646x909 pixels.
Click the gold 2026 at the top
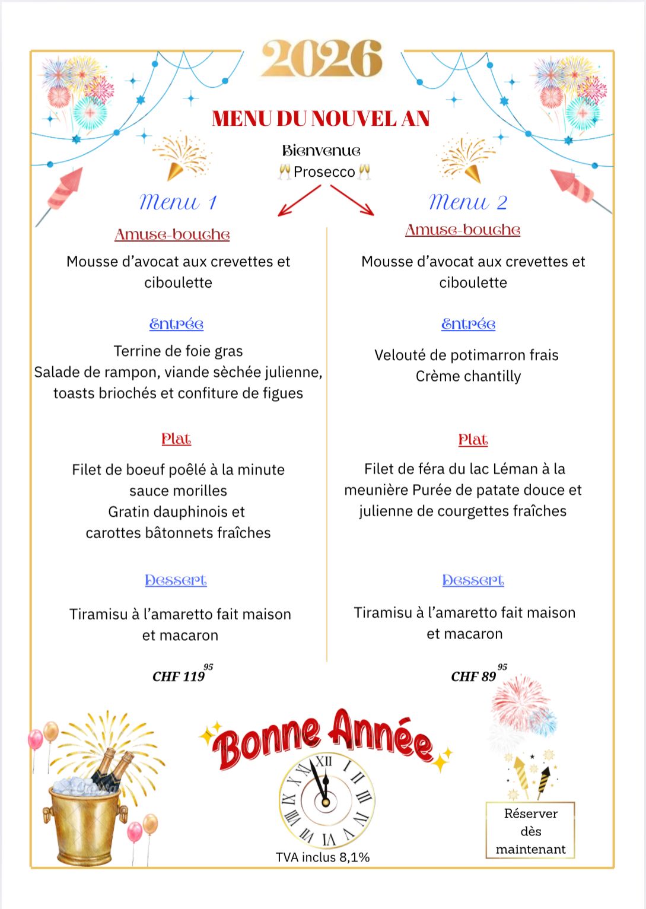pos(322,59)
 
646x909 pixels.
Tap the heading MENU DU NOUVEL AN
pos(321,119)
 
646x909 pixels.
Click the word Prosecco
pos(324,172)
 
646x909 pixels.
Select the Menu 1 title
pos(178,202)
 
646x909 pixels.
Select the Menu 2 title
pos(468,202)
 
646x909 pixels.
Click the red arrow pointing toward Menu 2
pos(352,200)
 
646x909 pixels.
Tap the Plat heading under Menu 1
pos(176,439)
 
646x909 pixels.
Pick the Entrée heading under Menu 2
pos(468,324)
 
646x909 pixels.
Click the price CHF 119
pos(179,676)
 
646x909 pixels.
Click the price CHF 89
pos(474,676)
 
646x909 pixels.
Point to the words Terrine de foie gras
pos(178,351)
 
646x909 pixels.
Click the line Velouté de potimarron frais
pos(466,355)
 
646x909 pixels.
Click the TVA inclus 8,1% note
pos(323,857)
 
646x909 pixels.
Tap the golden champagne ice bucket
pos(85,822)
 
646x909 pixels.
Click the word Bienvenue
pos(322,151)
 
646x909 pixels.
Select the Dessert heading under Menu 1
pos(176,580)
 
